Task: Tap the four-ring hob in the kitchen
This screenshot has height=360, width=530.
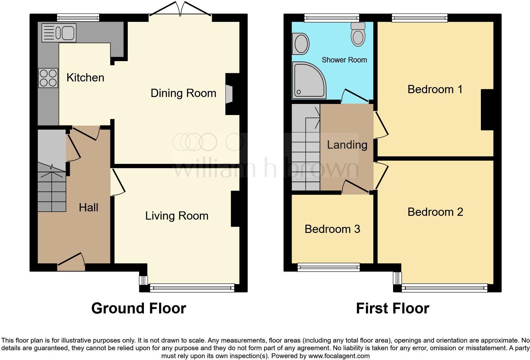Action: (48, 78)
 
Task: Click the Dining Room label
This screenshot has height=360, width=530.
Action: (183, 93)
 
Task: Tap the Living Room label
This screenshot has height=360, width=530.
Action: (177, 216)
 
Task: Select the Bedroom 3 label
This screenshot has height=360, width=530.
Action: (332, 229)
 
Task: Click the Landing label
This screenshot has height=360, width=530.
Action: (347, 145)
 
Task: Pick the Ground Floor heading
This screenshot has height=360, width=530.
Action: (139, 308)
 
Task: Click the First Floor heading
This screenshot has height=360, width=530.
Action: (392, 308)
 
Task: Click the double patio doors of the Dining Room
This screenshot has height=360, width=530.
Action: (180, 9)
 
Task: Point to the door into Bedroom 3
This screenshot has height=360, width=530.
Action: (355, 188)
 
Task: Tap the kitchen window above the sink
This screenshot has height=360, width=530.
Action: (78, 18)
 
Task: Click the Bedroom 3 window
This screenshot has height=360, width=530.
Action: (329, 267)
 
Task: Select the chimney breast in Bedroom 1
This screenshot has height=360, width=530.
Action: (487, 110)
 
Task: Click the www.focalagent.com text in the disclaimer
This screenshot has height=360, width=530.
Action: (339, 356)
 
